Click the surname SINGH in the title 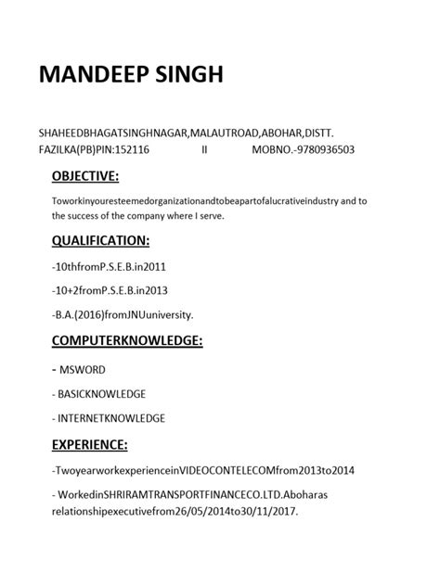coord(191,75)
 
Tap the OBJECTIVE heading coord(85,176)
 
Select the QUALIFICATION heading coord(100,240)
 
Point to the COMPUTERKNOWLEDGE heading coord(127,340)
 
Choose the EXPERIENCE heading coord(91,444)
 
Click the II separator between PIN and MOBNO coord(204,148)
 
